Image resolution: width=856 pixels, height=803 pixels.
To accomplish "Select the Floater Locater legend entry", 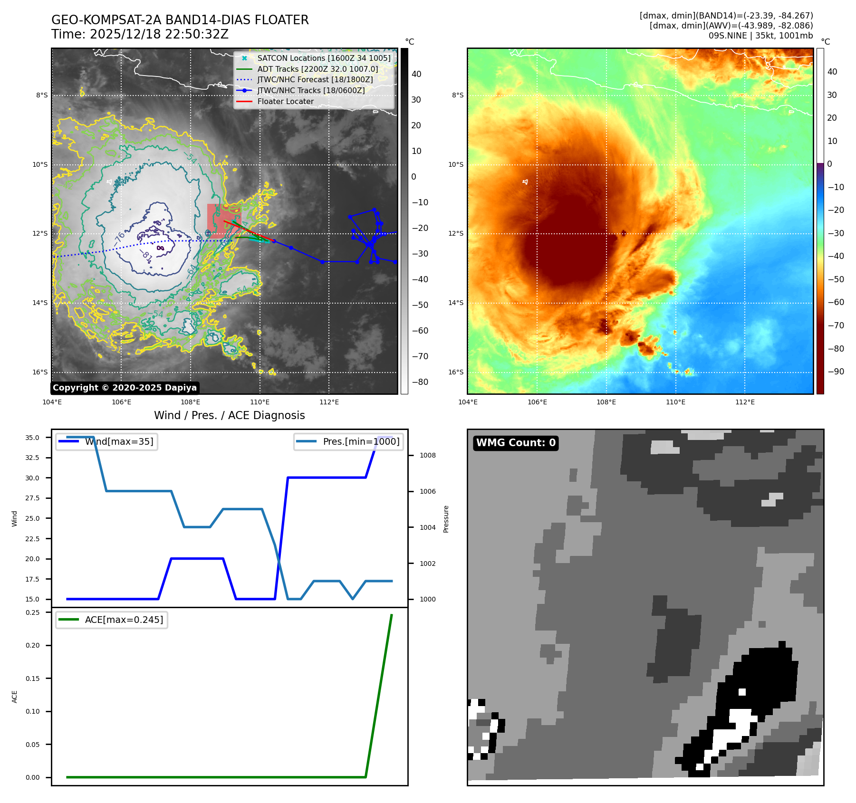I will [x=285, y=102].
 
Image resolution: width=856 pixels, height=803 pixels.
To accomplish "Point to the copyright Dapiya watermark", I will [x=125, y=388].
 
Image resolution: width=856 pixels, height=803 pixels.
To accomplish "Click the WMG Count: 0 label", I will [x=516, y=443].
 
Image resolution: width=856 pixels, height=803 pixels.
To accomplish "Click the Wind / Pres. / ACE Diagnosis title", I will [x=229, y=416].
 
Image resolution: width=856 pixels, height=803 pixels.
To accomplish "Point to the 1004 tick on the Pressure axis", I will [x=427, y=527].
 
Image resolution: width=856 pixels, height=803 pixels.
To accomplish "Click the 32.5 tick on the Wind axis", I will [x=32, y=458].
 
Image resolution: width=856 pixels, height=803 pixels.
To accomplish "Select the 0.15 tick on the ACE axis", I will [x=32, y=679].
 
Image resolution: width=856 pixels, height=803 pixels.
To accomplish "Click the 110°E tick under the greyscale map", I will [x=260, y=402].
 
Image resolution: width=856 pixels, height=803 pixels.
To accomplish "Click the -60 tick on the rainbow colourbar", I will [x=836, y=302].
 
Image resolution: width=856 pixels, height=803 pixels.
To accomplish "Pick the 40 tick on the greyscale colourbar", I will [x=416, y=74].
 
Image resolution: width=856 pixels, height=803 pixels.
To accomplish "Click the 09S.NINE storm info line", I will [x=760, y=36].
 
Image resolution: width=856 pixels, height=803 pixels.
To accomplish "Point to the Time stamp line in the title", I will [x=140, y=35].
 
